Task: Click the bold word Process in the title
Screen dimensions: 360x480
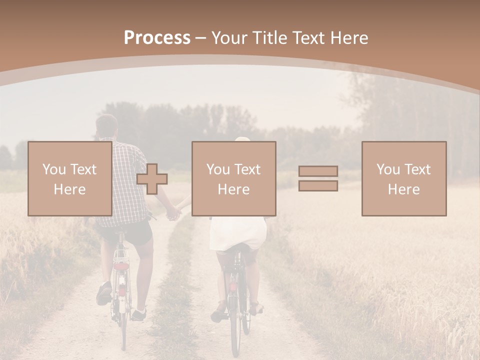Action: pos(157,37)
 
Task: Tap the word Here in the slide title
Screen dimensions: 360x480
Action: pos(349,37)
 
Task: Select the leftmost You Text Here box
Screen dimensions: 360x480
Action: pos(69,178)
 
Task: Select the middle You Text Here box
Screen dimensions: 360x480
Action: pos(233,178)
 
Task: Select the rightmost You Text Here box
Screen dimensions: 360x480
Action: pos(403,178)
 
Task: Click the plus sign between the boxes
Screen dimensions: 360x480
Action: pos(152,179)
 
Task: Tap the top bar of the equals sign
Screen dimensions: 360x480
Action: pos(318,171)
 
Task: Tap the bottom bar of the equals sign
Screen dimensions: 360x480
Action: pos(318,185)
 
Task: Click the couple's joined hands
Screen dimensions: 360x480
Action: pos(173,213)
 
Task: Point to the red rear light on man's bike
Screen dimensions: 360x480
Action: pos(121,266)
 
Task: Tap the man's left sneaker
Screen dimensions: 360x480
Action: pos(104,293)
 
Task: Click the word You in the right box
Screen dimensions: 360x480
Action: pos(388,169)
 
